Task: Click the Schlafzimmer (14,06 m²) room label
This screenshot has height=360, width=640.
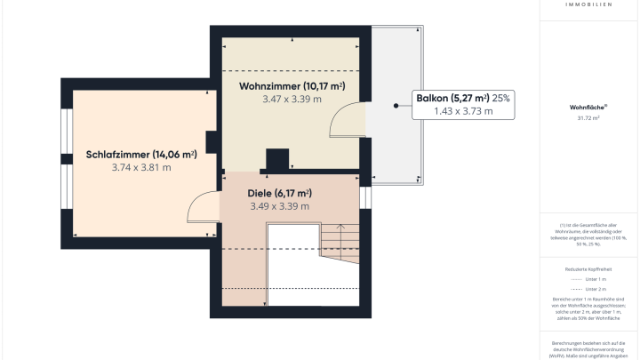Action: tap(141, 154)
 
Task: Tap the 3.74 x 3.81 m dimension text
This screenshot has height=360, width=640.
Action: tap(141, 167)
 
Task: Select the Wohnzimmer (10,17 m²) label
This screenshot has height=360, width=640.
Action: tap(292, 86)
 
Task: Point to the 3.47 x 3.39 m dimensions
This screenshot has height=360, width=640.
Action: tap(292, 100)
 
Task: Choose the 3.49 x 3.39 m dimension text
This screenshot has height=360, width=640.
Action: tap(279, 206)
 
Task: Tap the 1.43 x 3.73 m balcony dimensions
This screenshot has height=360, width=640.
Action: tap(462, 112)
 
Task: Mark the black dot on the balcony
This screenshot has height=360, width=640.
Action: tap(395, 106)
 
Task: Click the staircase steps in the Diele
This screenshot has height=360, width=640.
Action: tap(339, 239)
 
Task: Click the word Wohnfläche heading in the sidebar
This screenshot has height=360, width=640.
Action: tap(588, 107)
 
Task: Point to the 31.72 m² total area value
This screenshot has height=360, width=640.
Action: tap(588, 117)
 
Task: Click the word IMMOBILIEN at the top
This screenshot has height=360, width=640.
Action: tap(588, 4)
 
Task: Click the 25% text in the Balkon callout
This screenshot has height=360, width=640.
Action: tap(500, 99)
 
